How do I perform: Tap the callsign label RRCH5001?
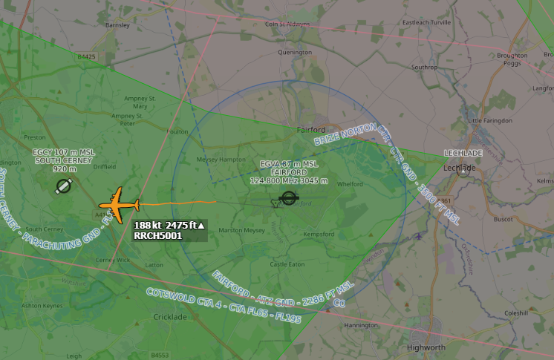click(157, 235)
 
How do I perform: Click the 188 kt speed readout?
click(149, 225)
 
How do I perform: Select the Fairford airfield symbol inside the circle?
click(287, 199)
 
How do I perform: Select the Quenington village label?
click(295, 53)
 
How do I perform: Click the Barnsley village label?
click(117, 24)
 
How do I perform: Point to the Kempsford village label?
click(319, 234)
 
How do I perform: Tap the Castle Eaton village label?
click(287, 264)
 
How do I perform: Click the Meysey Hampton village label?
click(221, 159)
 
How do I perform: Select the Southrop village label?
click(425, 67)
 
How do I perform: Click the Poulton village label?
click(178, 131)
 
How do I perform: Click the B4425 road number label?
click(87, 56)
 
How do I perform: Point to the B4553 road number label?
click(160, 355)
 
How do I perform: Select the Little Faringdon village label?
click(489, 120)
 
